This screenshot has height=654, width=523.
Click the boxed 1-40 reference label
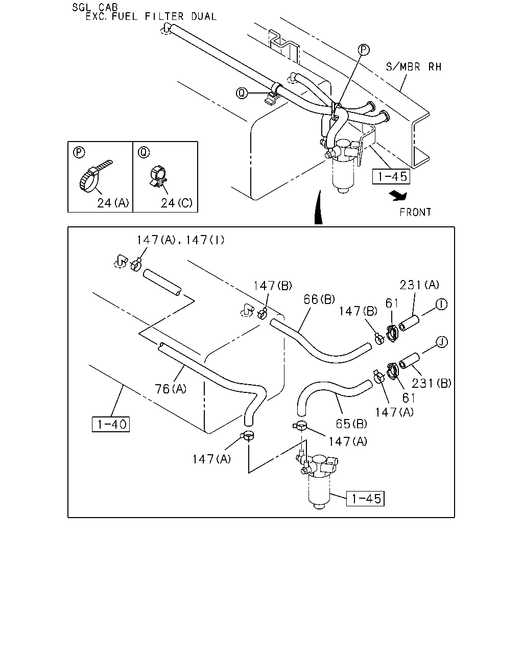tap(111, 424)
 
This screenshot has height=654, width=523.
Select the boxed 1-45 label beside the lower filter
tap(365, 498)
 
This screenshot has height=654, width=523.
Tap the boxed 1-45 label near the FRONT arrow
tap(391, 177)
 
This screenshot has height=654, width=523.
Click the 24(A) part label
tap(113, 203)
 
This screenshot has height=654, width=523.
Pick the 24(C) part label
tap(177, 203)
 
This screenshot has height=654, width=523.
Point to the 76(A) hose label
tap(171, 389)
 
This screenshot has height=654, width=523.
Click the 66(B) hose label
tap(319, 299)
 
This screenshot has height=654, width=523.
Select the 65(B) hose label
tap(351, 424)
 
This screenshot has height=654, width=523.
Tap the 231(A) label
tap(419, 285)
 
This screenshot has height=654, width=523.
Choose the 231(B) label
tap(432, 384)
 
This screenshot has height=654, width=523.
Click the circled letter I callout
tap(442, 304)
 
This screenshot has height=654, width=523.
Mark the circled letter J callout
tap(442, 342)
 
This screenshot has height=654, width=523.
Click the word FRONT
tap(415, 212)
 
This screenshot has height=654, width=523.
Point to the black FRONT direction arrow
tap(398, 196)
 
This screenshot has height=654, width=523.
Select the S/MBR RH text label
tap(414, 67)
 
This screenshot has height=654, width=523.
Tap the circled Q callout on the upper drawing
tap(242, 93)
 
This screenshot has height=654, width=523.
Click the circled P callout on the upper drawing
tap(364, 50)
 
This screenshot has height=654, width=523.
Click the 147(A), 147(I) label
tap(180, 240)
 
